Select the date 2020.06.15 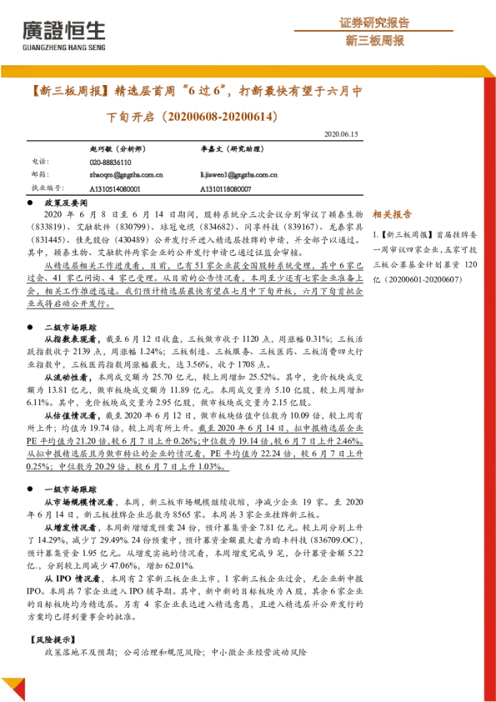coord(341,133)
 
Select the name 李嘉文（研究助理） coord(230,147)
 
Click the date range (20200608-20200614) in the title coord(210,116)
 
